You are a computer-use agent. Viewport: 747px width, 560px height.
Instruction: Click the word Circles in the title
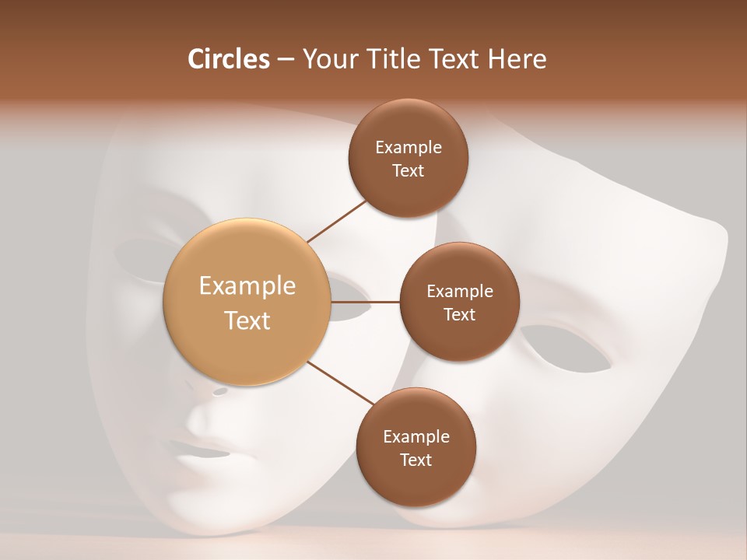coord(229,59)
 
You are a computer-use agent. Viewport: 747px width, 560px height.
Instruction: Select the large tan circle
coord(247,302)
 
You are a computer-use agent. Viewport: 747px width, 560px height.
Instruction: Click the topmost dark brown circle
coord(408,158)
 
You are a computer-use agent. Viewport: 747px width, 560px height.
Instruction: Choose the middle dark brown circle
coord(459,302)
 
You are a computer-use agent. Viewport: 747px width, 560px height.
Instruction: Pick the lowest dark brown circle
coord(416,447)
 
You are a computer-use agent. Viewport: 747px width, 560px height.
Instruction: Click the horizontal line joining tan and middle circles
coord(366,301)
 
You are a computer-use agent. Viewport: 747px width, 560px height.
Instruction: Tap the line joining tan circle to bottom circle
coord(339,383)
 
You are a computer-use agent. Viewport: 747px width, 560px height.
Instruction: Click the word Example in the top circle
coord(408,147)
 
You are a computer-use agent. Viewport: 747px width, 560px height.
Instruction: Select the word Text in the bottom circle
coord(416,460)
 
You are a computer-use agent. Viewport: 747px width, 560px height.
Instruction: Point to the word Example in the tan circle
coord(247,286)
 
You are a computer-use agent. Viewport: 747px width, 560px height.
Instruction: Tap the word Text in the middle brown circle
coord(459,314)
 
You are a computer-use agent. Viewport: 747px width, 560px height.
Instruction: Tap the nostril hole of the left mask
coord(220,391)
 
